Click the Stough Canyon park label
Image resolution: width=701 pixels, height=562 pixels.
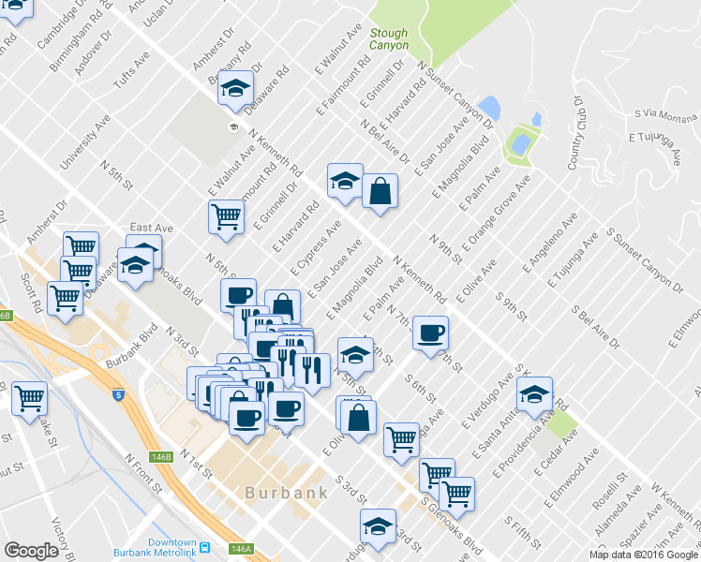coord(389,37)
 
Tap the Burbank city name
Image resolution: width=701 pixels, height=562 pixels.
coord(286,493)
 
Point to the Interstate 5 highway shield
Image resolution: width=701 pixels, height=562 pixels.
coord(119,395)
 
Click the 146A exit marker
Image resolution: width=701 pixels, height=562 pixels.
coord(241,549)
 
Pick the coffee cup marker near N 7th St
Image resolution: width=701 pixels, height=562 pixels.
coord(431,333)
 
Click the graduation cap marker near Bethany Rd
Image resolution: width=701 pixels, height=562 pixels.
coord(238,88)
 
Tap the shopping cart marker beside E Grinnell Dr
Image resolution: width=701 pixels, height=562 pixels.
coord(226,216)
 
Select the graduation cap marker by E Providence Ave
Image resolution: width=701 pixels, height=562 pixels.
coord(534,393)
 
